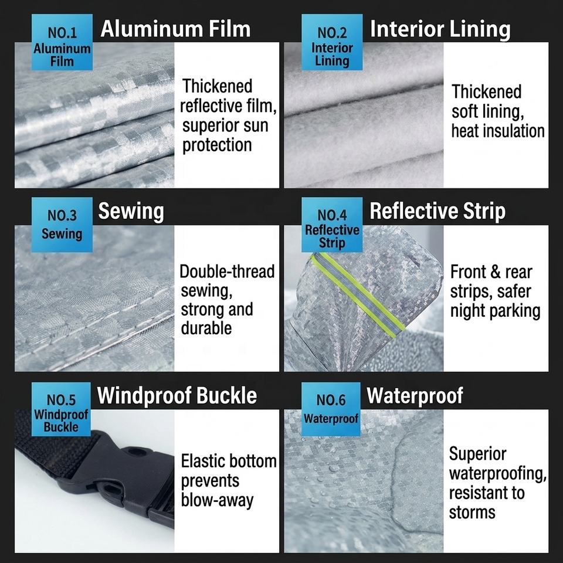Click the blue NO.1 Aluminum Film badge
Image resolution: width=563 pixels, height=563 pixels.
[62, 42]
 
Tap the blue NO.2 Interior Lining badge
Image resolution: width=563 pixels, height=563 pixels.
[332, 42]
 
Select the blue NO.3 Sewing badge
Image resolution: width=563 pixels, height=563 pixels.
[62, 225]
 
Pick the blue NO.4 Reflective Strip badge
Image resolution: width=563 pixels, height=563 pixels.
[332, 225]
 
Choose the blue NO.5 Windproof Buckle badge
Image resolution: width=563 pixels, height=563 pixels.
[61, 409]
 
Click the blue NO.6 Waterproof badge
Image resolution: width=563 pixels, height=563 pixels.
[331, 409]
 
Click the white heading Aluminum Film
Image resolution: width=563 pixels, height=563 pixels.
[175, 29]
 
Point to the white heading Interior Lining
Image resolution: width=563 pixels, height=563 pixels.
[440, 29]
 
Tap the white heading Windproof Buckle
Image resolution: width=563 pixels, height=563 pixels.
[177, 396]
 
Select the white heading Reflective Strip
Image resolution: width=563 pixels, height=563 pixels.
[437, 211]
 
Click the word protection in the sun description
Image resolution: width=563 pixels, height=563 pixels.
[217, 145]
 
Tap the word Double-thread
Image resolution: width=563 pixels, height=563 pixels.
[227, 272]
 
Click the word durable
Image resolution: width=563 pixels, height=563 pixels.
[206, 328]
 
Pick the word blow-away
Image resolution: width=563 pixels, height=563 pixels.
[217, 500]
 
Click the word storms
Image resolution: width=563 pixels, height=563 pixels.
[472, 513]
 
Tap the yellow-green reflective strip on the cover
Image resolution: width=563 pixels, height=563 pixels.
[358, 295]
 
